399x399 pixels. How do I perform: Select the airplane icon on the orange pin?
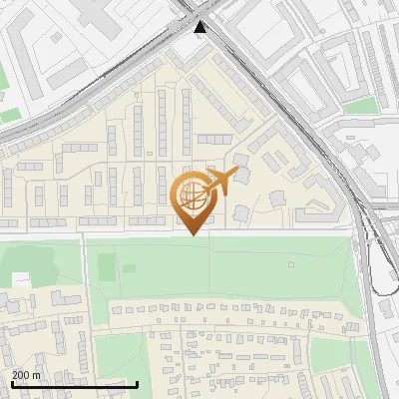[220, 183]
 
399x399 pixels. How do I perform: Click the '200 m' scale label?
[26, 375]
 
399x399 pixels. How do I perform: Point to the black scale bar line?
[75, 384]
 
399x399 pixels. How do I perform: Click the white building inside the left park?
[22, 279]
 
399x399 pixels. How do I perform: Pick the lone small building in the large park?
[290, 264]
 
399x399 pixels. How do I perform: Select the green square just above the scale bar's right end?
[120, 354]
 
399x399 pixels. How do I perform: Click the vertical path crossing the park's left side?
[85, 264]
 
